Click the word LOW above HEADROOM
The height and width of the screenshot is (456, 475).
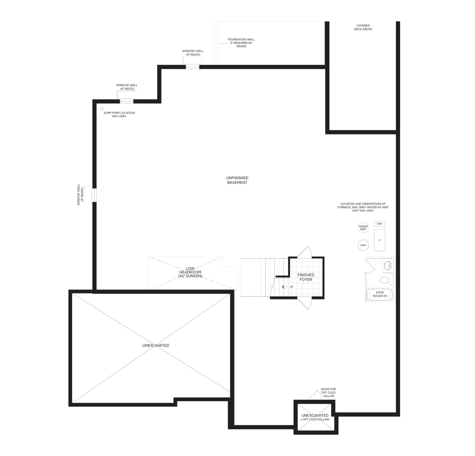pos(190,269)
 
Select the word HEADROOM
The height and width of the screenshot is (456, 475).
pos(190,272)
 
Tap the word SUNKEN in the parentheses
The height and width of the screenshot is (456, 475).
pos(194,276)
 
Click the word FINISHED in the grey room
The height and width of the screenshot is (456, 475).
pos(306,275)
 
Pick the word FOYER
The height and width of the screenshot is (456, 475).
pos(306,280)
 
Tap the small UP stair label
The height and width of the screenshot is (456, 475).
pos(292,287)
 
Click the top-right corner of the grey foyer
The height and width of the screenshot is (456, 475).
pos(321,260)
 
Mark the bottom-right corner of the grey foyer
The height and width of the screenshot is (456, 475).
pos(321,295)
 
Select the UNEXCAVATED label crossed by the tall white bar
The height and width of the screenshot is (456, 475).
pos(156,345)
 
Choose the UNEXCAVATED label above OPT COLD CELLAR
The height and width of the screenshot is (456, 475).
pos(315,415)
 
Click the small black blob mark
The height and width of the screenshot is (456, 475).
pos(102,109)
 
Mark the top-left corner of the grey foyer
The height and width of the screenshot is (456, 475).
pos(291,260)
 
